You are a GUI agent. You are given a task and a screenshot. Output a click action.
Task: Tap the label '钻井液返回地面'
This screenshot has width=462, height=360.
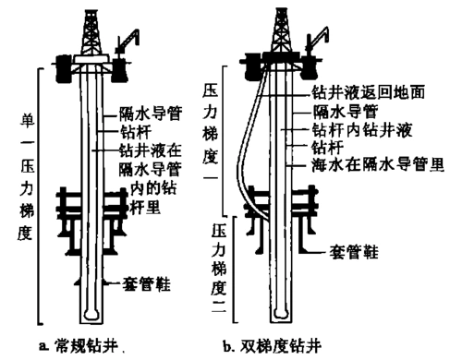pyautogui.click(x=357, y=92)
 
